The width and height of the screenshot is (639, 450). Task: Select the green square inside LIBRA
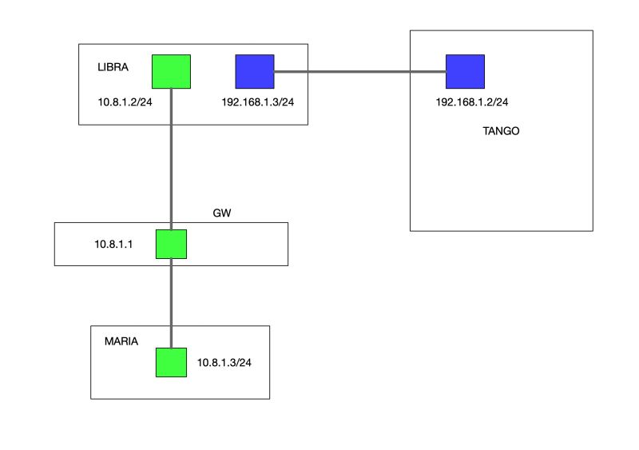click(x=171, y=71)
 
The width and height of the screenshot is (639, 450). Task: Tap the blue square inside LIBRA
click(x=255, y=71)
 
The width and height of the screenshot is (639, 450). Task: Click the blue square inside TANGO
click(x=465, y=71)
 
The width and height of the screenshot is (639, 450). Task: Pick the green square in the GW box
click(x=171, y=244)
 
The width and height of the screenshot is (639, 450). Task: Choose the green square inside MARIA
click(x=171, y=362)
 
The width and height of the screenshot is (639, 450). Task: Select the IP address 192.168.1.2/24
click(x=473, y=102)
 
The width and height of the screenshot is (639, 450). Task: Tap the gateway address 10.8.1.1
click(x=113, y=245)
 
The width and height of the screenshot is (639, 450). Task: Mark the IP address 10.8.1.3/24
click(x=224, y=363)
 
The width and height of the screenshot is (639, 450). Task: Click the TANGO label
click(x=501, y=131)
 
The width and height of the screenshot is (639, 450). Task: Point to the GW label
click(x=221, y=213)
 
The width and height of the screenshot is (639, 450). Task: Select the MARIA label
click(x=121, y=341)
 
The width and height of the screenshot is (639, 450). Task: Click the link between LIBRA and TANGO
click(x=359, y=72)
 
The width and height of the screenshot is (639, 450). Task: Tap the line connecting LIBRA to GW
click(x=172, y=160)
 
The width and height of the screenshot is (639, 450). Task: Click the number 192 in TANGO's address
click(x=446, y=102)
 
